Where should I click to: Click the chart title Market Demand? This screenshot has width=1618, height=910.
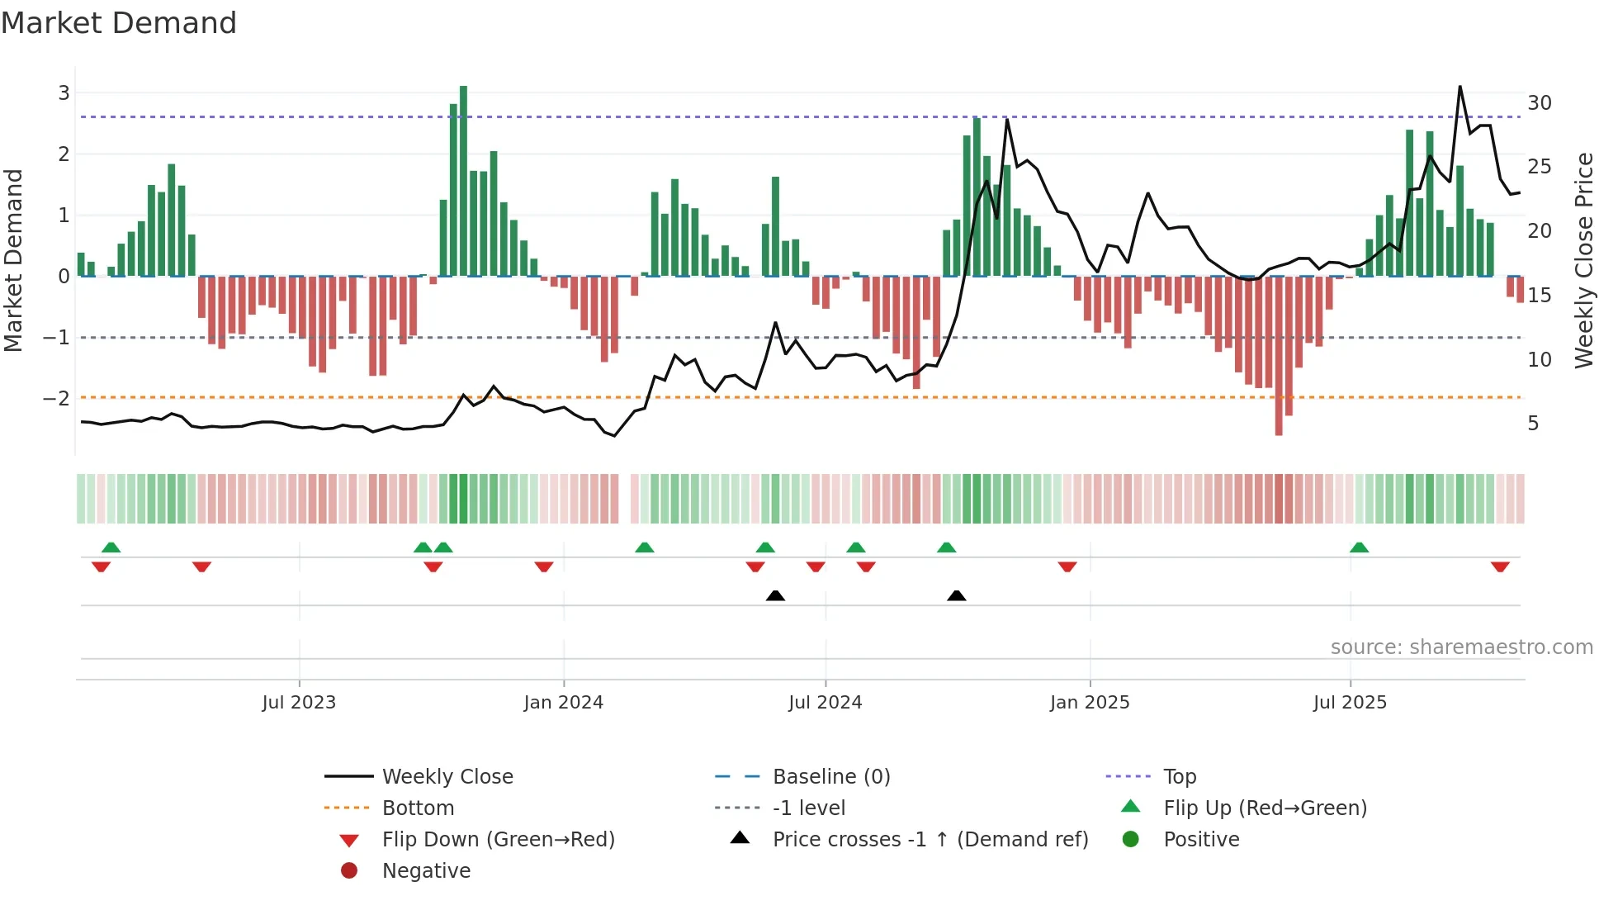tap(119, 23)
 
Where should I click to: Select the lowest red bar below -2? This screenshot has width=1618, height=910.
tap(1279, 355)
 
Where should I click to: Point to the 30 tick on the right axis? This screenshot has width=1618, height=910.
tap(1539, 103)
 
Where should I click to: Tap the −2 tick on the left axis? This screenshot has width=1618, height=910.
tap(57, 398)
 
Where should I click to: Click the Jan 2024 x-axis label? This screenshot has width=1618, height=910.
tap(563, 703)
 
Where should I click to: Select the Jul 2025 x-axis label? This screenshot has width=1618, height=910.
tap(1350, 703)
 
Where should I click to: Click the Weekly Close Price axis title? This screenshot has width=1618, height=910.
tap(1583, 260)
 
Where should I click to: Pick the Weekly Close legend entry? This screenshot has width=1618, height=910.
tap(447, 777)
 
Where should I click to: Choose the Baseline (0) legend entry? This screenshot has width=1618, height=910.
tap(830, 777)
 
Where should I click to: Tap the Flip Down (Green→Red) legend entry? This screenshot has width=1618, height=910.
tap(498, 840)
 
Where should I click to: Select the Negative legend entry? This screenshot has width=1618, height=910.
tap(426, 871)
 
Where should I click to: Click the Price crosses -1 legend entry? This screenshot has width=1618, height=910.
tap(930, 840)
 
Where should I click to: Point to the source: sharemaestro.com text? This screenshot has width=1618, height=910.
tap(1461, 647)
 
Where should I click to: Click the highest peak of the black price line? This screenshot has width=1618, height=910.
tap(1460, 87)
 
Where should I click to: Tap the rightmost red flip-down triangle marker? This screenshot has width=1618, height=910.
tap(1500, 566)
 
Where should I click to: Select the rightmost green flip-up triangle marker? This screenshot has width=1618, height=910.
tap(1359, 547)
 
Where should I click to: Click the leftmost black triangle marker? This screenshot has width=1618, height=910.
tap(775, 595)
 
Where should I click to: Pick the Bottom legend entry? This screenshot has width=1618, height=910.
tap(418, 808)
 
